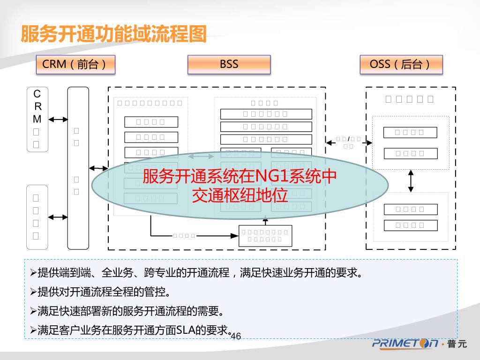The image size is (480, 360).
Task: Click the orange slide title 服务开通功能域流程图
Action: (x=114, y=34)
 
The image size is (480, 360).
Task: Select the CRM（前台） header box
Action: (x=75, y=65)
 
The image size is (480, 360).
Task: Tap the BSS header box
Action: (x=229, y=65)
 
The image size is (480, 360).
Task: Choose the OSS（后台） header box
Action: (x=401, y=65)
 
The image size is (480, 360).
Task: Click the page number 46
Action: (x=236, y=336)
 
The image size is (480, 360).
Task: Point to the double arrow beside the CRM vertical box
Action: (x=58, y=120)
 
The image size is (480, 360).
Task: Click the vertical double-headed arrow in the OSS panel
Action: (x=411, y=180)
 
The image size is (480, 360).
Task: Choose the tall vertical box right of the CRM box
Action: (x=78, y=168)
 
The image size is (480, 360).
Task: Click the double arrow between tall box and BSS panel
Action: (x=98, y=168)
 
